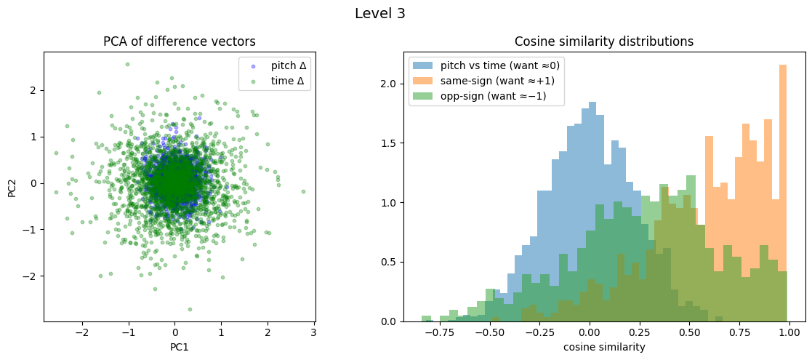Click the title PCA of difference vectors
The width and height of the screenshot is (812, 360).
point(180,41)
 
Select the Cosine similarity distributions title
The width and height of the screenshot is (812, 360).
point(603,41)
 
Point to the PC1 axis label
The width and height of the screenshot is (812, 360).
point(180,348)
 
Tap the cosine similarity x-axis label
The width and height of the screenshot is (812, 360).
point(603,348)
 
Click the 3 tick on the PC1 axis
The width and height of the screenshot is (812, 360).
point(313,332)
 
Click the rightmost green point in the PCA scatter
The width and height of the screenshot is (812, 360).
point(303,191)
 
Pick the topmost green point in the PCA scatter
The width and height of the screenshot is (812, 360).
point(127,64)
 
